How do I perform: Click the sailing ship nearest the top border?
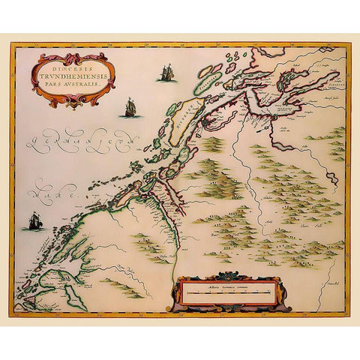pos(166,73)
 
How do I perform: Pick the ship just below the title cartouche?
pos(130,108)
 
